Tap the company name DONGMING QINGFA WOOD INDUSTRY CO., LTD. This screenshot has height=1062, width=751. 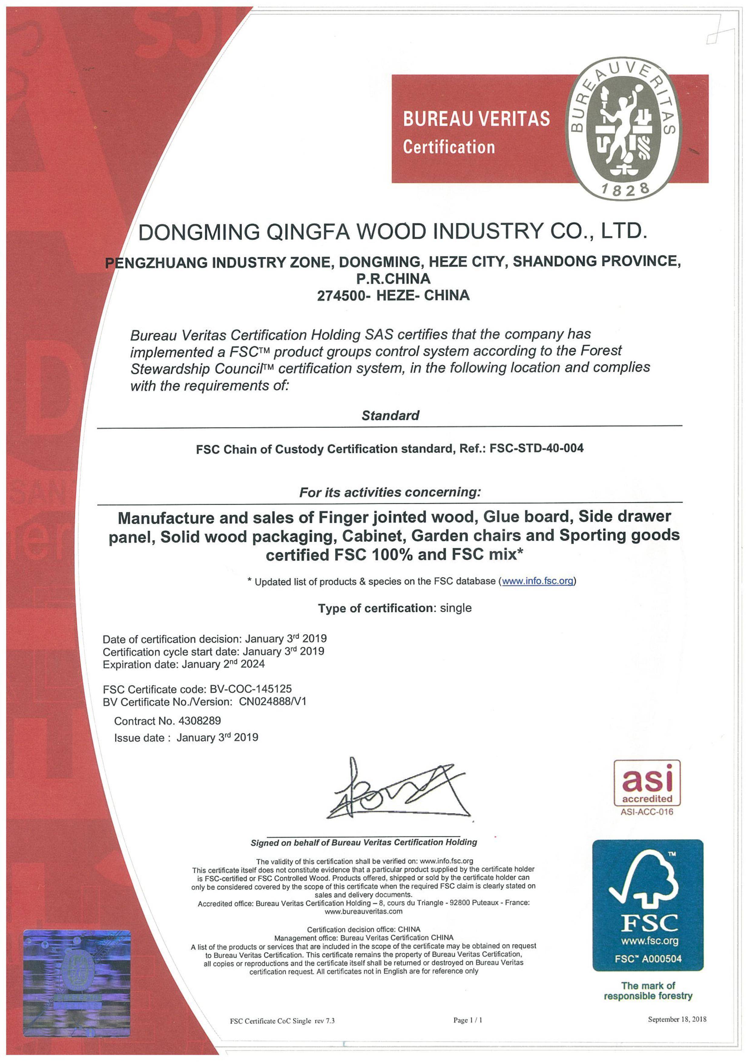pyautogui.click(x=392, y=231)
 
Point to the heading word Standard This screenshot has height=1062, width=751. pyautogui.click(x=390, y=415)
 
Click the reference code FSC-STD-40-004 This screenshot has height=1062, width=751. pyautogui.click(x=536, y=448)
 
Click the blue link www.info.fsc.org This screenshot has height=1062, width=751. pyautogui.click(x=538, y=581)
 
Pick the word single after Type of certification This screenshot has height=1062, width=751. pyautogui.click(x=456, y=608)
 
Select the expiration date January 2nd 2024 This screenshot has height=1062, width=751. pyautogui.click(x=223, y=664)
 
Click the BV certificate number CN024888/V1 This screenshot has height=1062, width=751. pyautogui.click(x=272, y=702)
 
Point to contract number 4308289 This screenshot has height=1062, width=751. pyautogui.click(x=199, y=721)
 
